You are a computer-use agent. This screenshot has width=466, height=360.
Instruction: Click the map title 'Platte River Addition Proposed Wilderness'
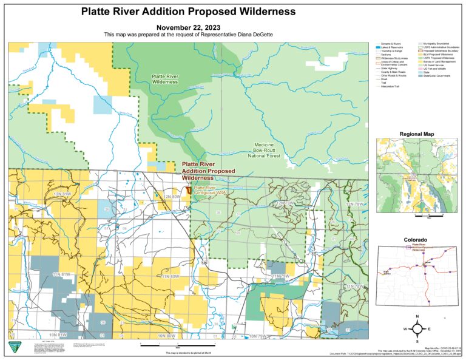[188, 12]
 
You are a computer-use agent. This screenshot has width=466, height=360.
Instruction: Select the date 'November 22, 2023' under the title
[189, 27]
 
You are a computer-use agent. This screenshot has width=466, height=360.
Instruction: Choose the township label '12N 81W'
[62, 194]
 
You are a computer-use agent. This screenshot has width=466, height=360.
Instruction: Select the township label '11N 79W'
[282, 276]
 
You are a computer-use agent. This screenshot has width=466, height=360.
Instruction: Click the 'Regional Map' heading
[417, 133]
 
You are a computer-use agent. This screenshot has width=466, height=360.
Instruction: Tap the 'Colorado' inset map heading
[416, 240]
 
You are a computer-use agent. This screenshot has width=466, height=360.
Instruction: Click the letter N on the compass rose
[417, 317]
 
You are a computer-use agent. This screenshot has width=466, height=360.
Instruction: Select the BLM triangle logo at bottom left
[13, 347]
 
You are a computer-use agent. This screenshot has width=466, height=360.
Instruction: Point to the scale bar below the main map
[166, 345]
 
